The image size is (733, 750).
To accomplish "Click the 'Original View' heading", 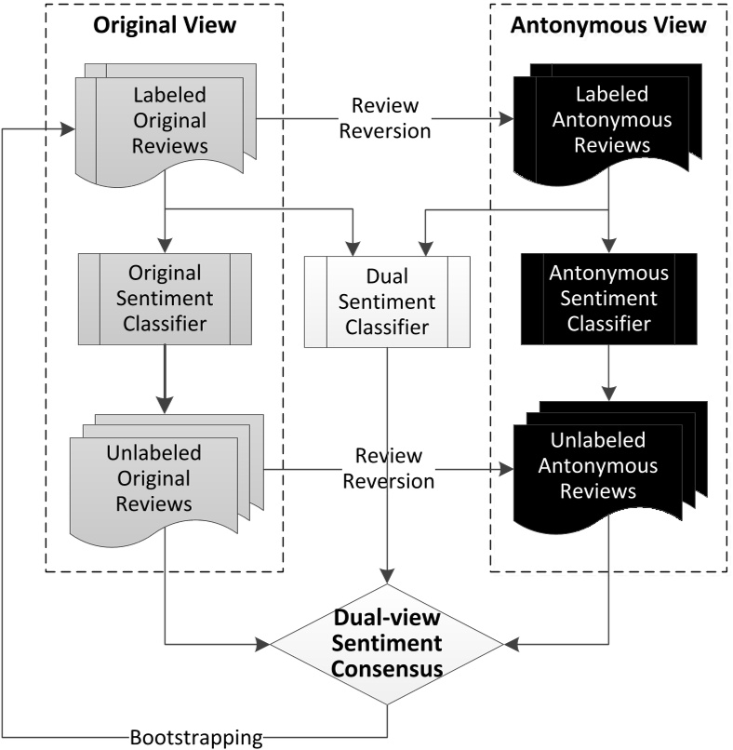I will [164, 26].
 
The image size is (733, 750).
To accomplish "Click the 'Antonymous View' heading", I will [608, 26].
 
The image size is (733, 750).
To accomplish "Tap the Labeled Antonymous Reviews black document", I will [608, 123].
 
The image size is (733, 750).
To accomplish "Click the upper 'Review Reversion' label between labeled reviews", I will [384, 119].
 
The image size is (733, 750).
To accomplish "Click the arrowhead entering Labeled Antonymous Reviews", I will [506, 119].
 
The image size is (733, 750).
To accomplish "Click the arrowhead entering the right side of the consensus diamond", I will [510, 643].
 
